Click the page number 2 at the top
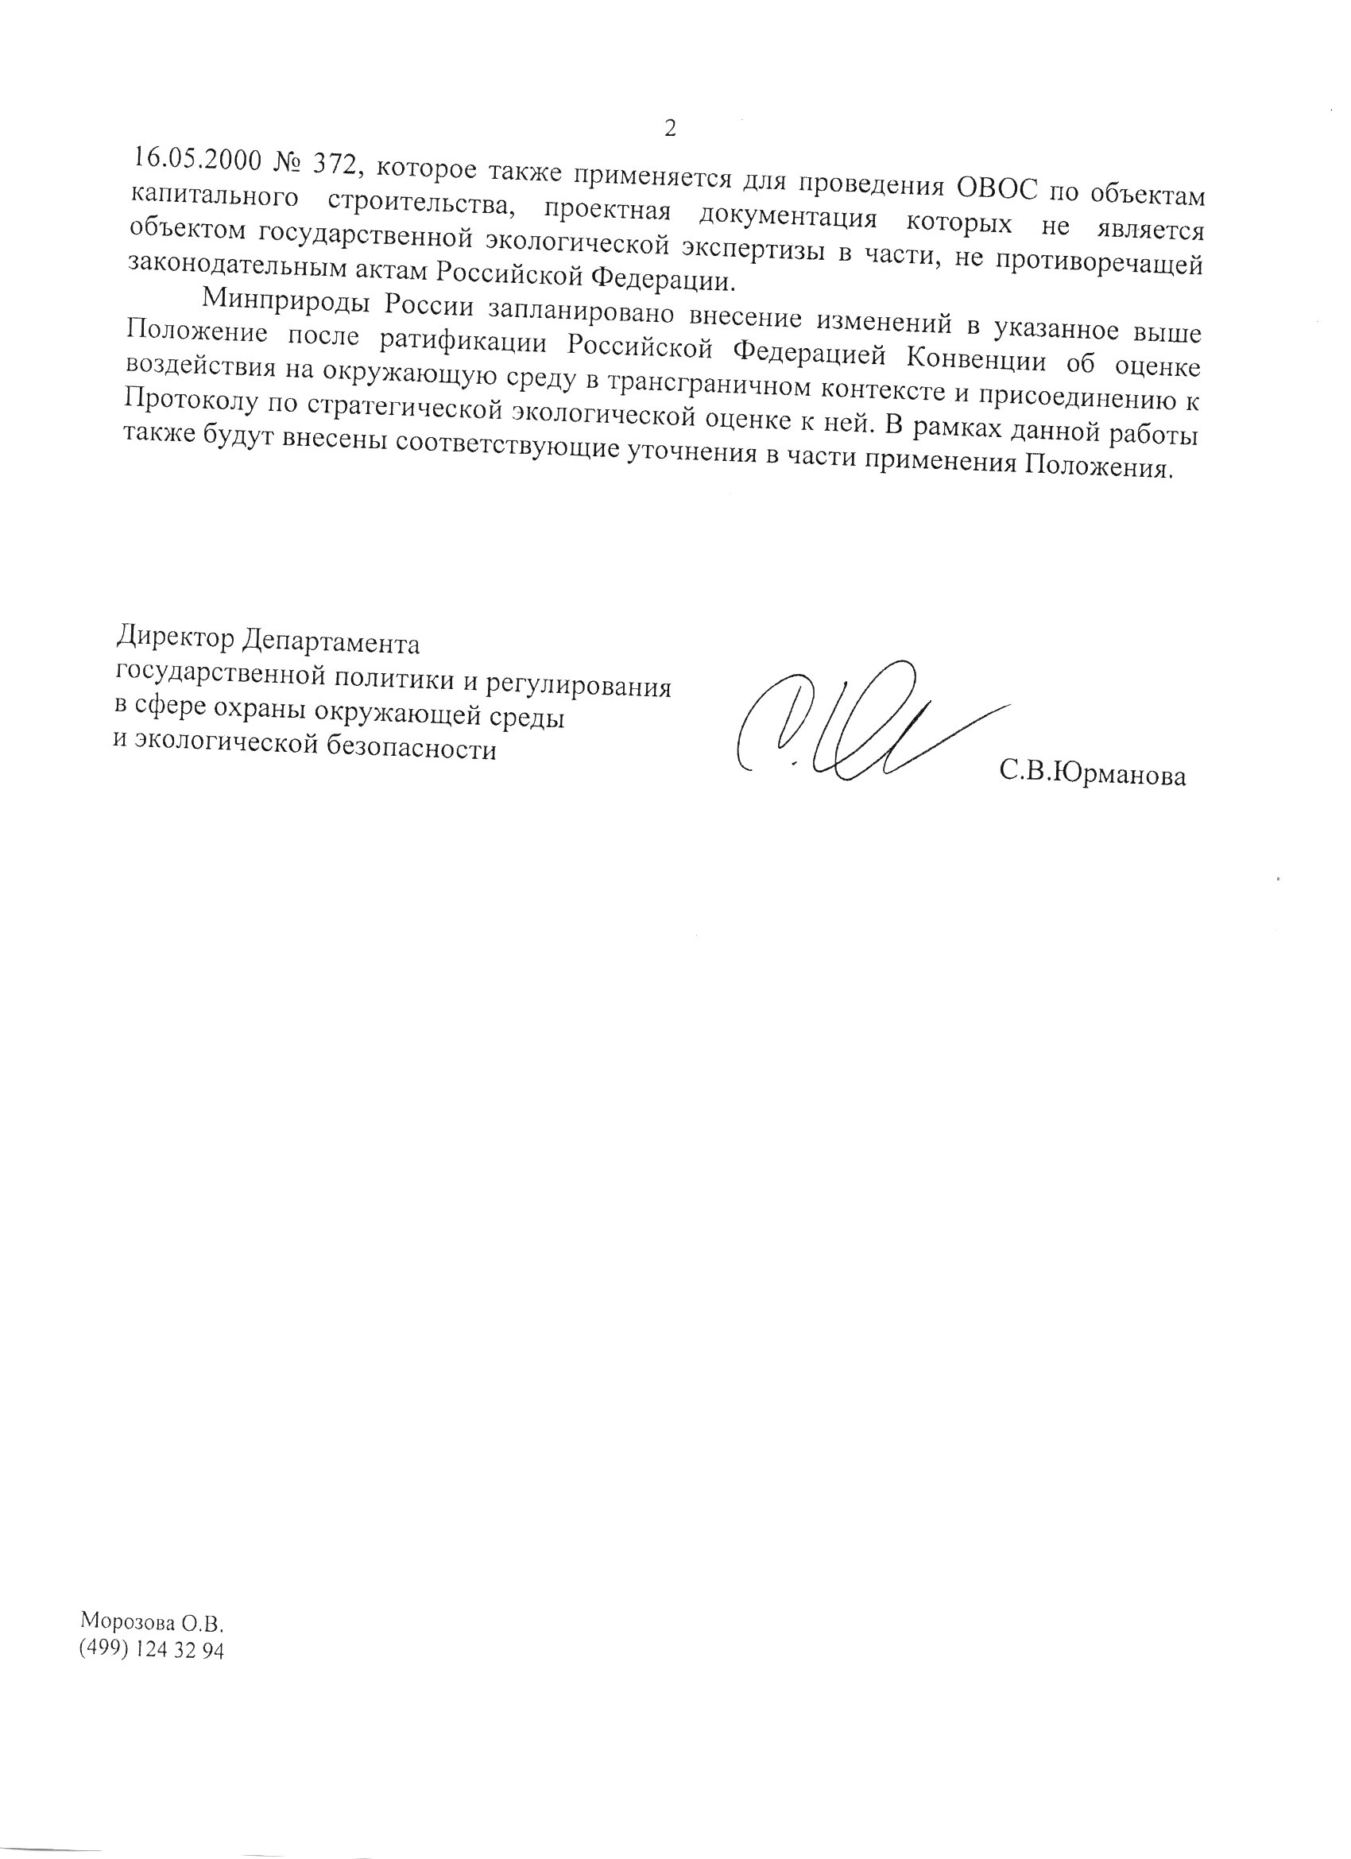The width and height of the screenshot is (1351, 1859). (670, 128)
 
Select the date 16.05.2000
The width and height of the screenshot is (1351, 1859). (196, 159)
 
